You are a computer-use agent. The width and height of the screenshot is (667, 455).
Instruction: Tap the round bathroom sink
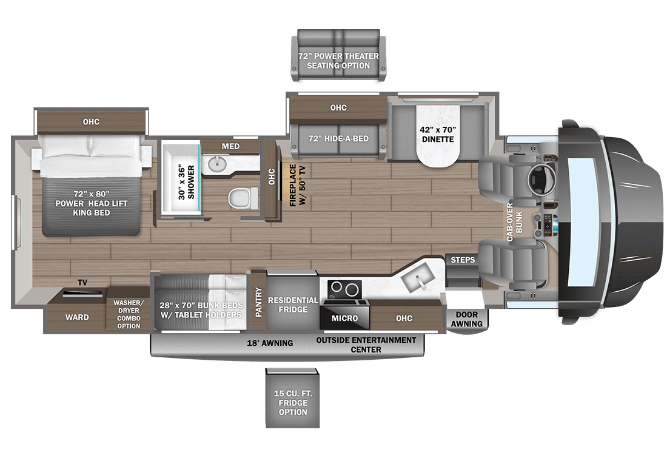pyautogui.click(x=217, y=164)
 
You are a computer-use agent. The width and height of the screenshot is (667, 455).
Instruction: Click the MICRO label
pyautogui.click(x=344, y=318)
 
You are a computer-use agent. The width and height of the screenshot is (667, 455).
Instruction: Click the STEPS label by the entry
pyautogui.click(x=463, y=260)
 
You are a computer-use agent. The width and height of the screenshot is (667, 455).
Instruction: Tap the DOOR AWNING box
pyautogui.click(x=466, y=319)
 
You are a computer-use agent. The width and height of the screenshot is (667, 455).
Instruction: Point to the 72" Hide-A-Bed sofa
pyautogui.click(x=338, y=138)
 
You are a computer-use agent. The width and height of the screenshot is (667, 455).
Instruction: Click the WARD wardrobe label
pyautogui.click(x=77, y=317)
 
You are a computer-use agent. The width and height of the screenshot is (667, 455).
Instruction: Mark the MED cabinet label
pyautogui.click(x=230, y=146)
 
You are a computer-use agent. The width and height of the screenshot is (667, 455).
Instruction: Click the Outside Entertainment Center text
pyautogui.click(x=366, y=344)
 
